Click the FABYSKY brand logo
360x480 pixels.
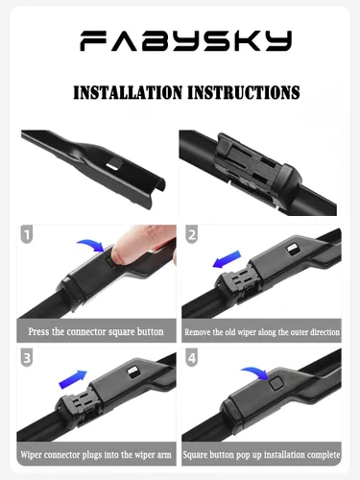coord(180,41)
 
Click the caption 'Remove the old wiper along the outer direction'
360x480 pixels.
coord(261,331)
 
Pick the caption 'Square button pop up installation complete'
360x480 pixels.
coord(261,452)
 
